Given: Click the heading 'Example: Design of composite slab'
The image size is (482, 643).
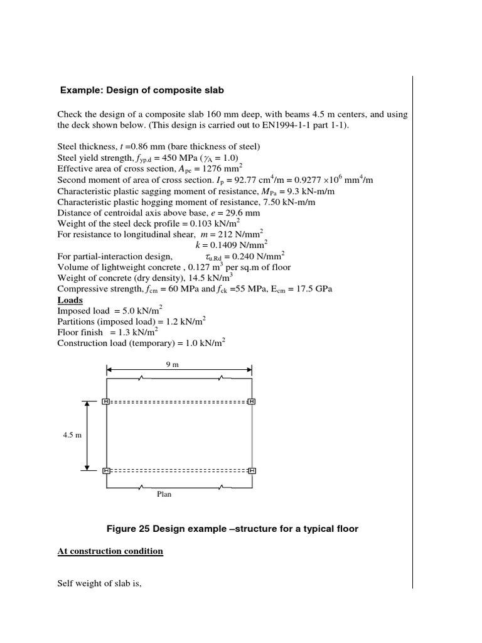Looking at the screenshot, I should pyautogui.click(x=142, y=90).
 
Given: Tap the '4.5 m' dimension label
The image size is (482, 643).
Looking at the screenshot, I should pyautogui.click(x=72, y=436).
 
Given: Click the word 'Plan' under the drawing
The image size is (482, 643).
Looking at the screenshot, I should pyautogui.click(x=164, y=494).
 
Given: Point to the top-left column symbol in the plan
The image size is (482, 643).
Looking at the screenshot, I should pyautogui.click(x=106, y=401).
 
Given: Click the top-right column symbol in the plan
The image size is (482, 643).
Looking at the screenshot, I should pyautogui.click(x=252, y=401).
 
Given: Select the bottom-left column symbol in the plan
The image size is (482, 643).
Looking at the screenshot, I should pyautogui.click(x=106, y=470).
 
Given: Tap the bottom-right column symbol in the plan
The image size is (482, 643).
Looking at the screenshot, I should pyautogui.click(x=252, y=470).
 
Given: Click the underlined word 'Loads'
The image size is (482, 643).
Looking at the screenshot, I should pyautogui.click(x=70, y=300).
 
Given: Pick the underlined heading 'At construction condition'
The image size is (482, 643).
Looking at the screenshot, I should pyautogui.click(x=110, y=551).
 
